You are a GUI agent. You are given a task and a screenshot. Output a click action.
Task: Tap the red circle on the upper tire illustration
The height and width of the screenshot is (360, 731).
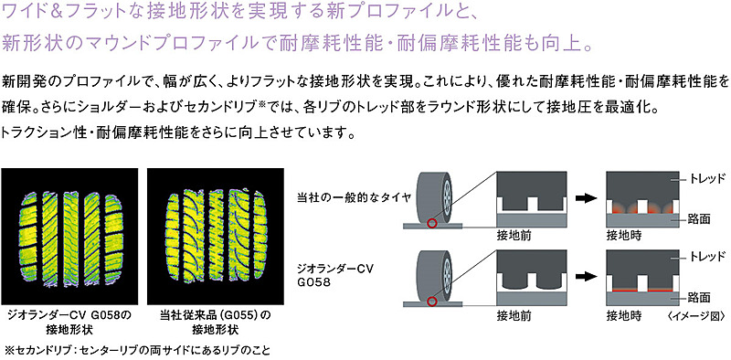click(x=432, y=223)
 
